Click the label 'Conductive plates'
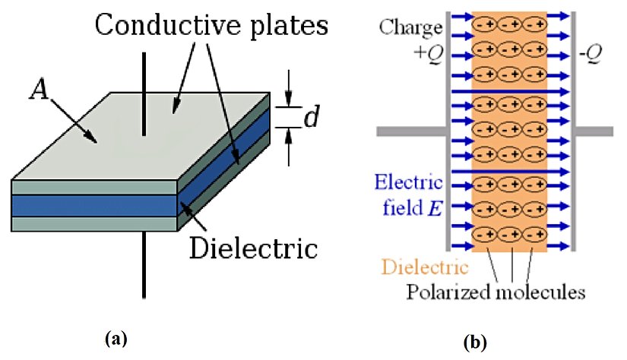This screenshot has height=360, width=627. point(211,27)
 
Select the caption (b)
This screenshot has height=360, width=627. point(476,343)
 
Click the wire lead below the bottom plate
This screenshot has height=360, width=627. point(144,266)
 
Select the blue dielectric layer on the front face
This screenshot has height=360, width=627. point(93,206)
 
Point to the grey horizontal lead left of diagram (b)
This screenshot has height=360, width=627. point(410,132)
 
